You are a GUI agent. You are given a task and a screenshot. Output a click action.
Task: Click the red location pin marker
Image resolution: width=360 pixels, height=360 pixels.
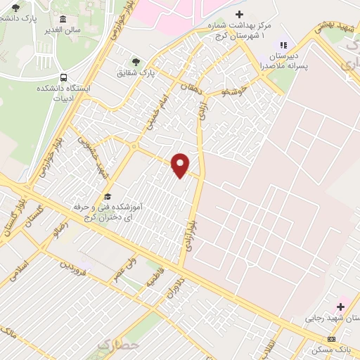click(x=181, y=165)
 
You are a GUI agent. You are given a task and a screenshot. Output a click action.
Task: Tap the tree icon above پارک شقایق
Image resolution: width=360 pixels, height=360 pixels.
click(x=136, y=62)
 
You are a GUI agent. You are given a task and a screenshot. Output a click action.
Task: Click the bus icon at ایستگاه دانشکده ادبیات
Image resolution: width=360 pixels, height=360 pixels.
click(x=64, y=77)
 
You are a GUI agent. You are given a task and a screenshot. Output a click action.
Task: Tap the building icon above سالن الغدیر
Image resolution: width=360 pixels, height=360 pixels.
click(x=63, y=19)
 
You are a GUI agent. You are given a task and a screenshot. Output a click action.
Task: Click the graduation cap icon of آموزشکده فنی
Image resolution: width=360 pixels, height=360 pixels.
click(x=108, y=196)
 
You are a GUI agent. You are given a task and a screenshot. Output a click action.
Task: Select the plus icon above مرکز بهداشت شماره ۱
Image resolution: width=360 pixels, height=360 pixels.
click(x=239, y=14)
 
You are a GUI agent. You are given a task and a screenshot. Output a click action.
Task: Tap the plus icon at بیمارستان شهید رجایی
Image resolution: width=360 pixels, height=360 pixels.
click(x=341, y=307)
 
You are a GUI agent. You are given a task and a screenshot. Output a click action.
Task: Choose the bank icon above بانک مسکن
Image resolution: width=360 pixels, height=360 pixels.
click(x=332, y=339)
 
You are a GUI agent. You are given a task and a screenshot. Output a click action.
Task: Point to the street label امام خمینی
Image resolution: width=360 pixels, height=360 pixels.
click(x=155, y=112)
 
